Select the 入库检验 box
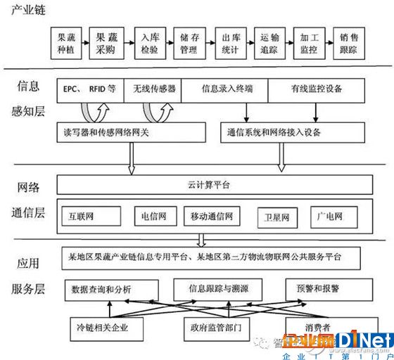pyautogui.click(x=149, y=44)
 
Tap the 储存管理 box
pyautogui.click(x=189, y=44)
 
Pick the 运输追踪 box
pyautogui.click(x=271, y=44)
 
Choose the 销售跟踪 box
pyautogui.click(x=352, y=44)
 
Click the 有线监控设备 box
pyautogui.click(x=317, y=89)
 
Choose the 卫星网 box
pyautogui.click(x=277, y=216)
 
